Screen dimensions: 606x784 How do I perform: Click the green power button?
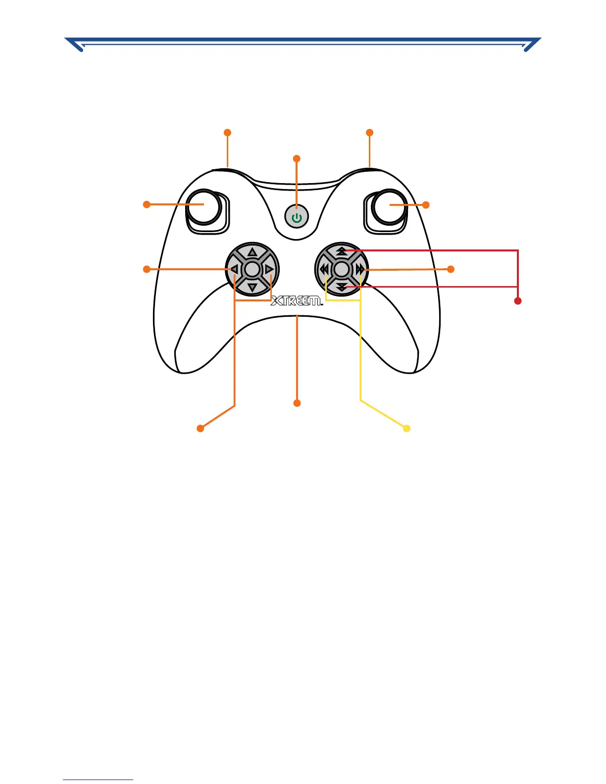(297, 217)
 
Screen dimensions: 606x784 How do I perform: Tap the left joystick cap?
(203, 206)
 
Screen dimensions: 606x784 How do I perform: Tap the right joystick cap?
(390, 206)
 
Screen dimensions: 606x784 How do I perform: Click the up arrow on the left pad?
(252, 252)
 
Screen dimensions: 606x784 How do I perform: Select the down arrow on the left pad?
(252, 287)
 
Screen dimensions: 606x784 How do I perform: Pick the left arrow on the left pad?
(235, 269)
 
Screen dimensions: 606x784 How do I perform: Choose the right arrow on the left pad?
(269, 269)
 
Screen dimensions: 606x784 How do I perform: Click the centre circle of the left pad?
(252, 269)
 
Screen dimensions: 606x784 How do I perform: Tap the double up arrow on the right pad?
(342, 251)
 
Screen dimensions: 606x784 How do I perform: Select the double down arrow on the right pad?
(342, 287)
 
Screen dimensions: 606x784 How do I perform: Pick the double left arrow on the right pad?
(324, 269)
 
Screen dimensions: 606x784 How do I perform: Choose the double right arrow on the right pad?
(359, 269)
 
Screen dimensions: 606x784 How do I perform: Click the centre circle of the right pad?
(342, 269)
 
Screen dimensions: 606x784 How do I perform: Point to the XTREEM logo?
(296, 300)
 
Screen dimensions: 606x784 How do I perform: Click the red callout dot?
(518, 301)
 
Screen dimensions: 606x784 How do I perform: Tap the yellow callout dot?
(406, 429)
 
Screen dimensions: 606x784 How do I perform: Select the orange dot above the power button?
(297, 158)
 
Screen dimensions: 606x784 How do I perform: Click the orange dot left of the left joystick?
(147, 204)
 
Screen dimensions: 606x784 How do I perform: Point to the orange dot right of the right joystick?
(426, 205)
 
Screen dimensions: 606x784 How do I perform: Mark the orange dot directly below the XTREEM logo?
(297, 403)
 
